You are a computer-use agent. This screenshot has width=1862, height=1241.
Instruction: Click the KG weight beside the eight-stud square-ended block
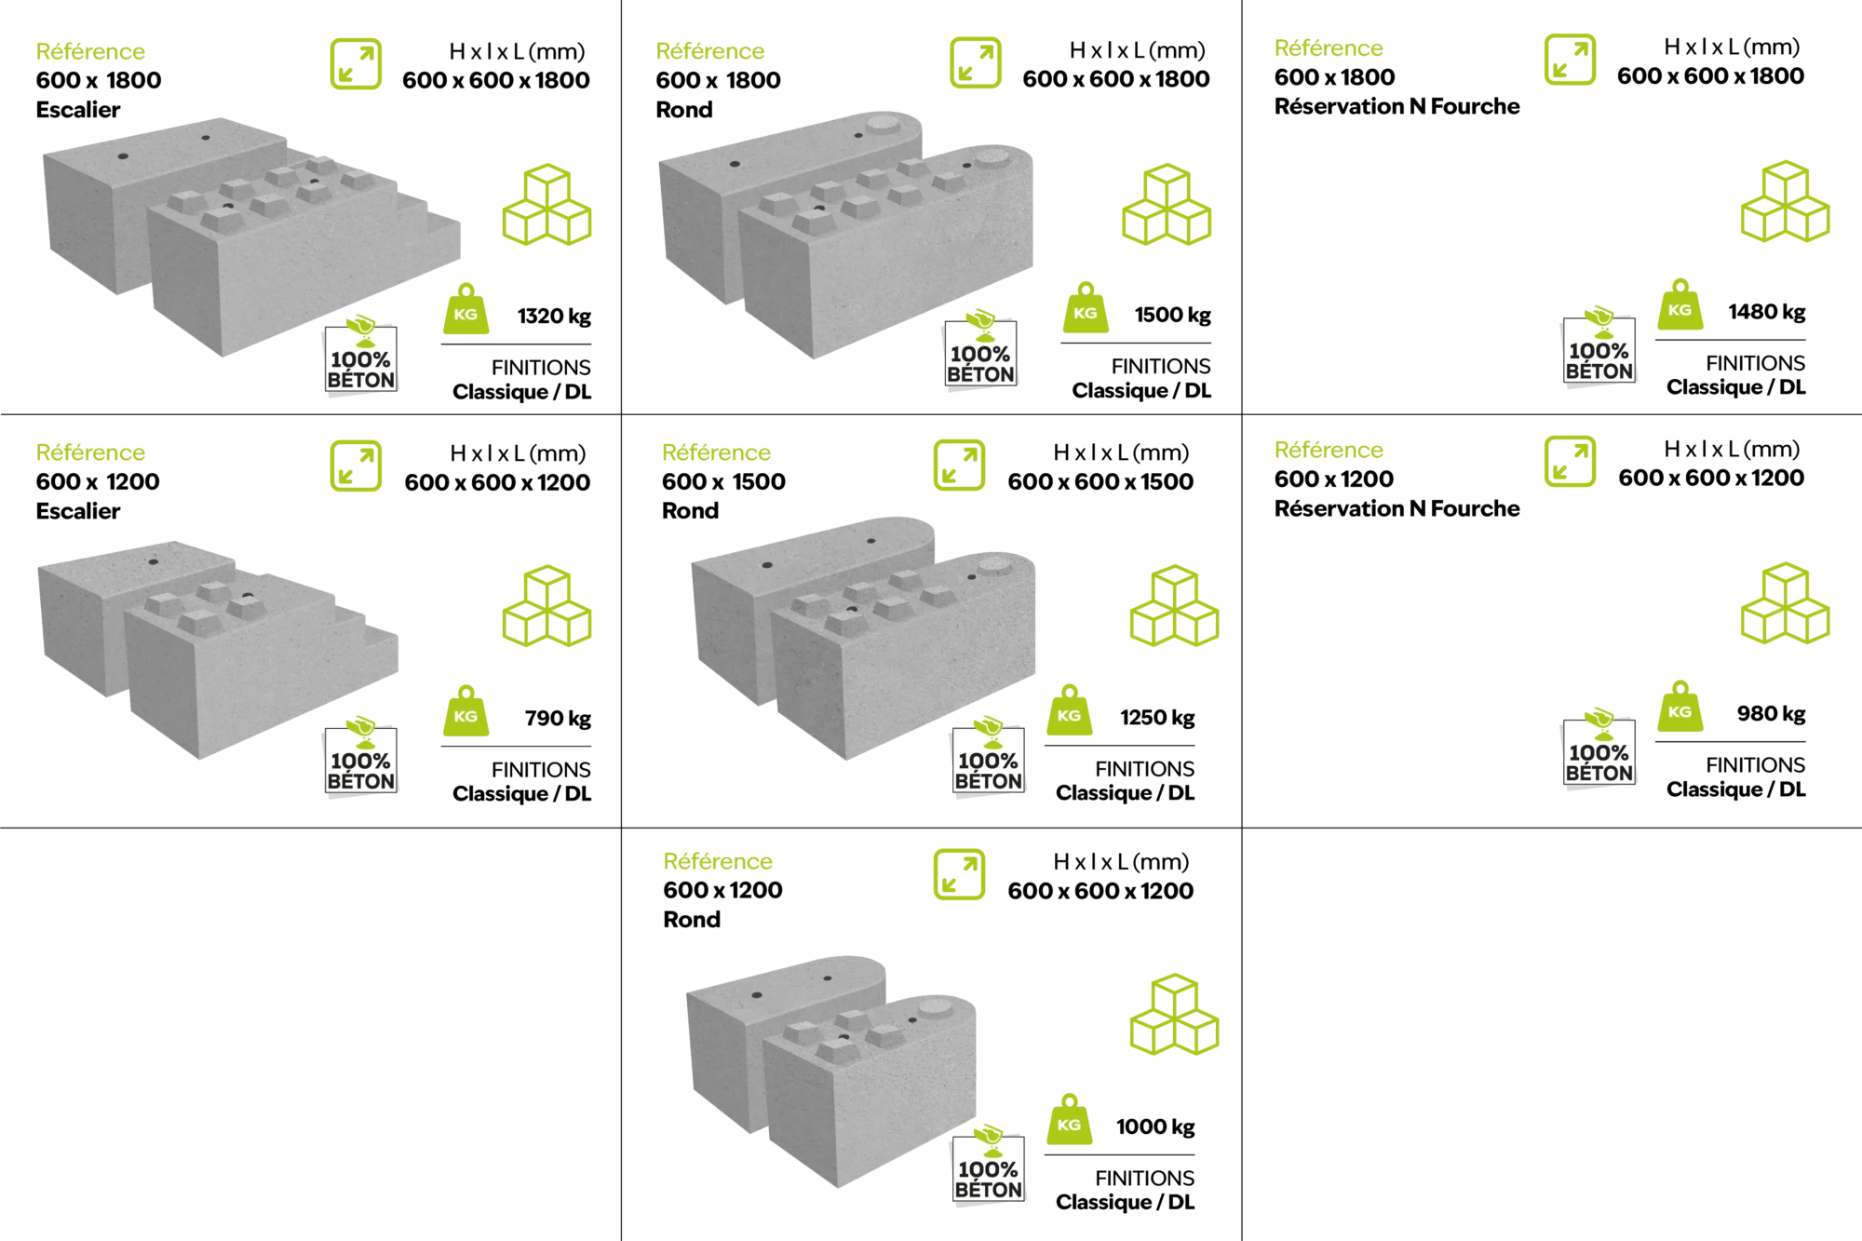click(x=465, y=306)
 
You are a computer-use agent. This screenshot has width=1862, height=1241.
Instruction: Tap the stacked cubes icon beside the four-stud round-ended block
click(x=1173, y=1015)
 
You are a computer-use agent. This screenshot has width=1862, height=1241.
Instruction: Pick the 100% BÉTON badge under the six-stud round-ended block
click(x=989, y=759)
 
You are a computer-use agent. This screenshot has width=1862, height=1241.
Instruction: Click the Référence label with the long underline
click(x=91, y=53)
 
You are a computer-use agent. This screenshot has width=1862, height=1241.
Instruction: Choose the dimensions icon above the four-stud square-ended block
click(x=358, y=467)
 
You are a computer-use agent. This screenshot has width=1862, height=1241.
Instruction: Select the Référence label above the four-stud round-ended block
click(x=718, y=862)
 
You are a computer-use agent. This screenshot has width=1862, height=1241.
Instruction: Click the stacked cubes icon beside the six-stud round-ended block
click(x=1173, y=604)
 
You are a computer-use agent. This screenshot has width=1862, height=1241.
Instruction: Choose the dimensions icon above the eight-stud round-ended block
click(x=976, y=62)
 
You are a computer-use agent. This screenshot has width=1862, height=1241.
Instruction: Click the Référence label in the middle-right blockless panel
click(x=1329, y=451)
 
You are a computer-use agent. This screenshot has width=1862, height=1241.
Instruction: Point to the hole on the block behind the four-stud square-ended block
click(x=153, y=561)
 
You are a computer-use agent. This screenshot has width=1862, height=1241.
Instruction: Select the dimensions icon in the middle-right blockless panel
click(x=1571, y=461)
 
